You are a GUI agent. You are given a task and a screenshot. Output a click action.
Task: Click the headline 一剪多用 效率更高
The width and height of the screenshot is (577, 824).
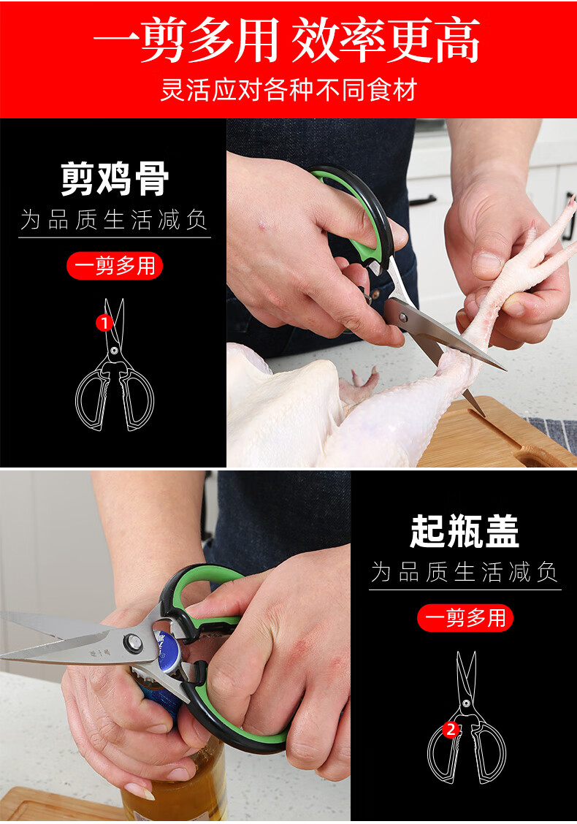tap(287, 40)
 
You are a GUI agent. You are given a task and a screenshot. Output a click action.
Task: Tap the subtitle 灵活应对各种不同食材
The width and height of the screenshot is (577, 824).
tap(288, 90)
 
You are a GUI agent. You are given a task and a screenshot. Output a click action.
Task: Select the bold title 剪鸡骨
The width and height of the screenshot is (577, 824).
tap(115, 179)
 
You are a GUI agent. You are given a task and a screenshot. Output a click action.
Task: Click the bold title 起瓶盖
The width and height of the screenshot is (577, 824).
tap(465, 531)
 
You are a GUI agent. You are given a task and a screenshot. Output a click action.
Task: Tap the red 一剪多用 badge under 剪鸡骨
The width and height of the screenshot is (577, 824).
tap(115, 266)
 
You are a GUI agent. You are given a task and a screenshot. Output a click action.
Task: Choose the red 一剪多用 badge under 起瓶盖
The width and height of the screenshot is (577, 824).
tap(465, 617)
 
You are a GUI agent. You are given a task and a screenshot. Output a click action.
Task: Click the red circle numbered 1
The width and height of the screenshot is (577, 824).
tap(104, 323)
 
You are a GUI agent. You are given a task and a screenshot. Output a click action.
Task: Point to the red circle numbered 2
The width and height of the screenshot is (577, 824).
tap(451, 730)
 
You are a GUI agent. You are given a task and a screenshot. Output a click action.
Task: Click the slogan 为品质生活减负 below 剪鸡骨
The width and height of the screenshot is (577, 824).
tap(115, 220)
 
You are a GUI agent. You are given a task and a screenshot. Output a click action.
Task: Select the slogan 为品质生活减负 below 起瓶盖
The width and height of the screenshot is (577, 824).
tap(465, 572)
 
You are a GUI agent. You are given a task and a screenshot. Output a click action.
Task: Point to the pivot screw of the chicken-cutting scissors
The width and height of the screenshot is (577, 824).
tap(403, 317)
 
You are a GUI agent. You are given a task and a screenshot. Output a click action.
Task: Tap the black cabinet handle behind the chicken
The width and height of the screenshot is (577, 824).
tap(423, 200)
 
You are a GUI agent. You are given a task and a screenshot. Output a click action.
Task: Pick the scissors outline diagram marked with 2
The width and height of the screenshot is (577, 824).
tap(466, 717)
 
